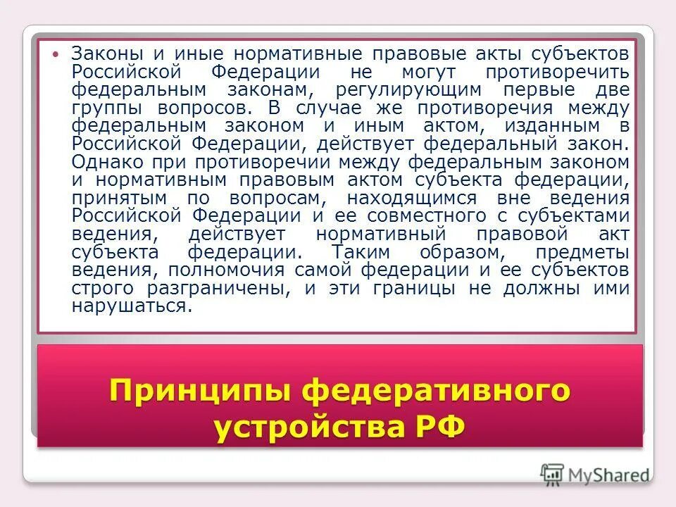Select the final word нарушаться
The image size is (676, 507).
coord(130,306)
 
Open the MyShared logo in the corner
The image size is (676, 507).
coord(596,472)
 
